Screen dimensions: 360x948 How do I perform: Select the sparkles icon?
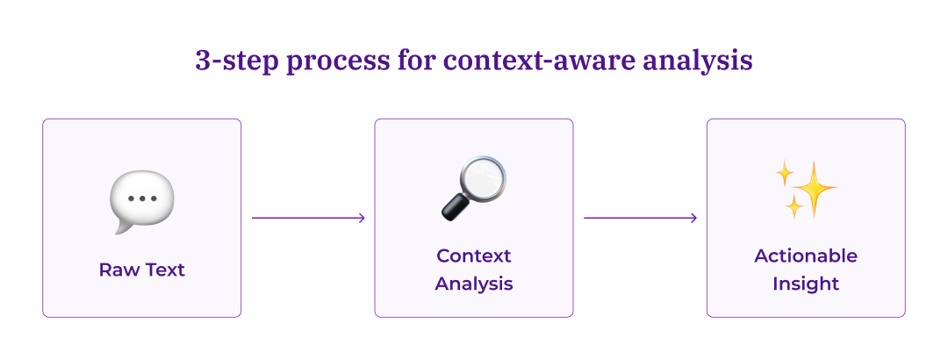click(x=805, y=190)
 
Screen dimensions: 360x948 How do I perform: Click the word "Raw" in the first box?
click(x=118, y=270)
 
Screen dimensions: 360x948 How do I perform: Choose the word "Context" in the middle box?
click(x=474, y=256)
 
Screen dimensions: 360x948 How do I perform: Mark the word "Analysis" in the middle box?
click(x=474, y=284)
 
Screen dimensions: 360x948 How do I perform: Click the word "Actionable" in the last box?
click(x=806, y=256)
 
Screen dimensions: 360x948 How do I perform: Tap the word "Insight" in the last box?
click(x=806, y=284)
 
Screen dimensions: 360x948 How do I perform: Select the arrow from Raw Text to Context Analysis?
click(x=308, y=218)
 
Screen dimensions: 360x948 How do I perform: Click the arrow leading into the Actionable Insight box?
click(x=640, y=218)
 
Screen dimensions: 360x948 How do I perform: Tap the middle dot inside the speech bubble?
click(x=141, y=198)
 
